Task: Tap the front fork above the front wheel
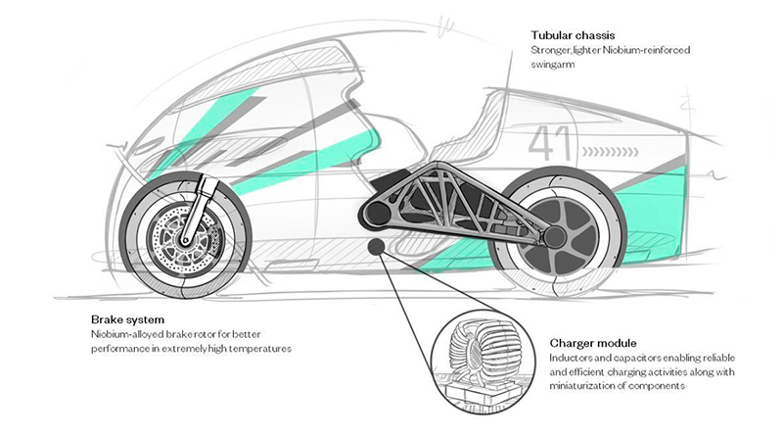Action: pyautogui.click(x=207, y=196)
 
